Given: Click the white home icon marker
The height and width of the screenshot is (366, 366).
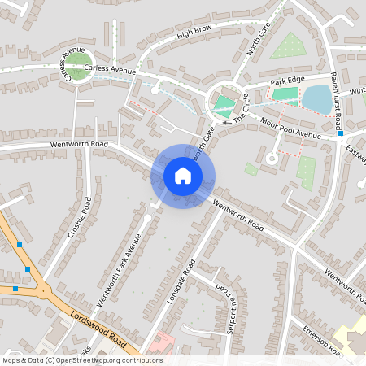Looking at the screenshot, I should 183,175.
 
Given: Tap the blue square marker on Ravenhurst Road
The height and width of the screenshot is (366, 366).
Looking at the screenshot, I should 340,133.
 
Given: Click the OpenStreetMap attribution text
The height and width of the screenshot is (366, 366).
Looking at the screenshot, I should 81,360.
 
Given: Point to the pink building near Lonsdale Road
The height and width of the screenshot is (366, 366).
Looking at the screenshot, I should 160,342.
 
